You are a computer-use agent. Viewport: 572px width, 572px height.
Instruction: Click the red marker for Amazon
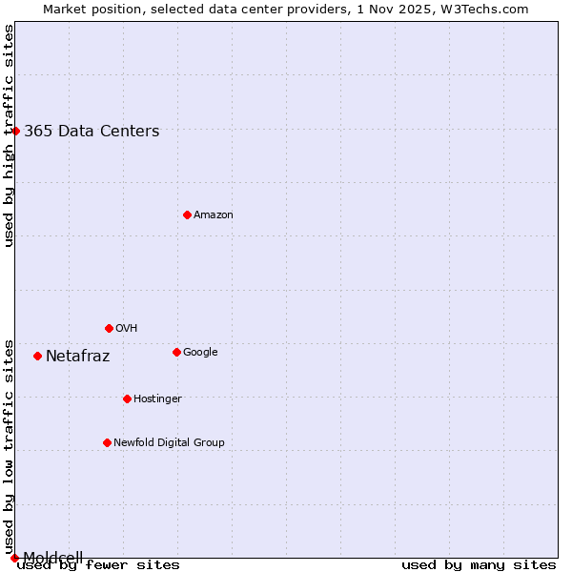click(187, 214)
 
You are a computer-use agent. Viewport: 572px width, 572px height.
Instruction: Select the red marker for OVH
click(109, 328)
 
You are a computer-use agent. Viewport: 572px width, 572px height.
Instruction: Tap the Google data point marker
click(176, 352)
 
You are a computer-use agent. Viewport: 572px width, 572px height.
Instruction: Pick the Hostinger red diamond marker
click(127, 398)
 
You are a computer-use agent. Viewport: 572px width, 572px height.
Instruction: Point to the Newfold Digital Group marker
click(107, 442)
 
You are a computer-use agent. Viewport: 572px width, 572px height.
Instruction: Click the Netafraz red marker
click(37, 356)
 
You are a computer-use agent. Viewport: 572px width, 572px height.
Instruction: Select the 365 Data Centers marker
click(15, 131)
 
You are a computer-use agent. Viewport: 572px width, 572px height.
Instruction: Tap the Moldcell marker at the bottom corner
click(14, 558)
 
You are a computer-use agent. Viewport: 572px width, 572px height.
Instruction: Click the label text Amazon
click(214, 215)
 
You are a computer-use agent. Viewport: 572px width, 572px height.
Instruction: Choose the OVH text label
click(127, 329)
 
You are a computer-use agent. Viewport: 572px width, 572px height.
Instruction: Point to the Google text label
click(200, 353)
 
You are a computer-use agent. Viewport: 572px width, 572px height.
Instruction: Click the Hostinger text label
click(157, 399)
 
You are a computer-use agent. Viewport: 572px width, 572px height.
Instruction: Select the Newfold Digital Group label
click(169, 443)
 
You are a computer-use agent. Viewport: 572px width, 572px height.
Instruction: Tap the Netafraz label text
click(77, 357)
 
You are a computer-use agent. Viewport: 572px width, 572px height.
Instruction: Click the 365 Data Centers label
click(92, 132)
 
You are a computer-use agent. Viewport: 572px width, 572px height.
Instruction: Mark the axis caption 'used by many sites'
click(479, 565)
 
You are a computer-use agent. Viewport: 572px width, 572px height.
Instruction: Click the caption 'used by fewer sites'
click(98, 565)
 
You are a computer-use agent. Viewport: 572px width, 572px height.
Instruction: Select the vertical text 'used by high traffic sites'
click(9, 135)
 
